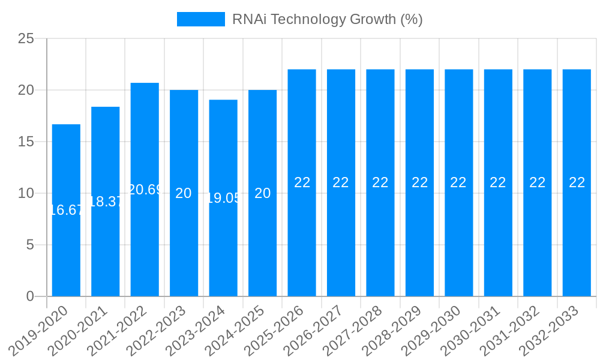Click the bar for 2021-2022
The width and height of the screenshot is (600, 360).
(x=145, y=240)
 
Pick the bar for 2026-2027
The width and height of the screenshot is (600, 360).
(x=341, y=240)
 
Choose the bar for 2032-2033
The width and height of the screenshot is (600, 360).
(x=577, y=240)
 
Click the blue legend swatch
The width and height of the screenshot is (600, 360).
(x=200, y=19)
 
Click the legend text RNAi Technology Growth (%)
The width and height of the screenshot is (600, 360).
(x=327, y=19)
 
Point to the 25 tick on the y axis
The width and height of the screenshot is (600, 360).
(x=26, y=39)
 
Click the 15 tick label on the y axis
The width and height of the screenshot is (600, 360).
(x=26, y=142)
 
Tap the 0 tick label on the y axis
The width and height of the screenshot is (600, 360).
(x=31, y=296)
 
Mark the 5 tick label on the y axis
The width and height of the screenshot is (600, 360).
(x=31, y=245)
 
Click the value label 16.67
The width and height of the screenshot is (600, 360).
(x=66, y=210)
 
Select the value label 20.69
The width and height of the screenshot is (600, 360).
(x=145, y=190)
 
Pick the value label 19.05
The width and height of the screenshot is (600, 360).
(x=223, y=198)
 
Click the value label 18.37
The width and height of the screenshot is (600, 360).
(x=106, y=202)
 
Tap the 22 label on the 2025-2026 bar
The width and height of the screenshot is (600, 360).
(x=302, y=182)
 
